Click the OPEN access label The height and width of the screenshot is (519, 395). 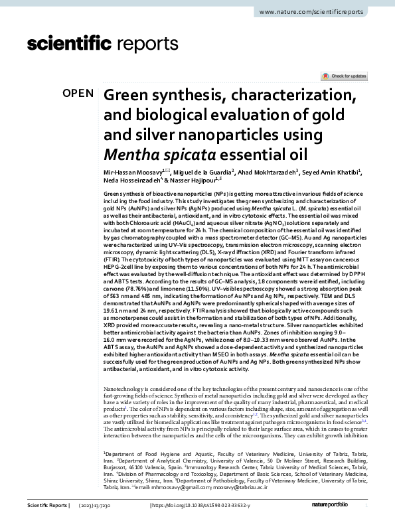pyautogui.click(x=78, y=94)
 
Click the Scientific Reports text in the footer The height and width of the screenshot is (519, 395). pyautogui.click(x=48, y=506)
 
